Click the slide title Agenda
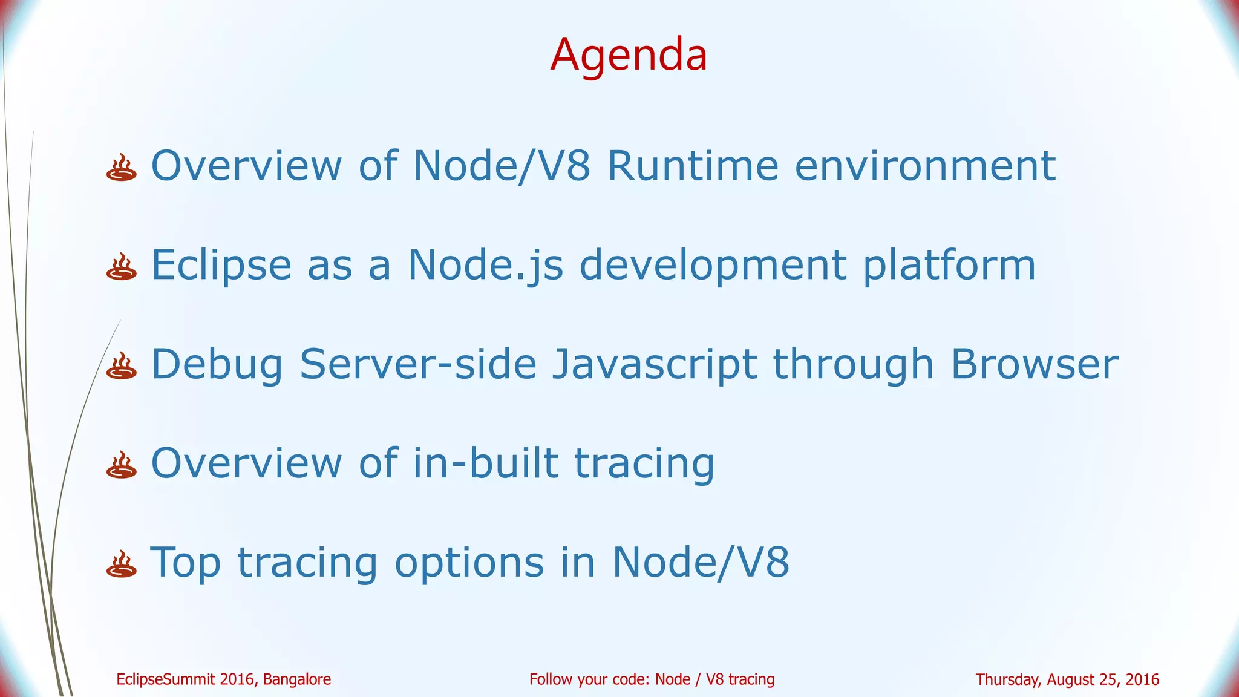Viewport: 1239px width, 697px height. tap(629, 54)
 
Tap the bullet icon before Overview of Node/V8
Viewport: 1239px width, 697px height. tap(121, 168)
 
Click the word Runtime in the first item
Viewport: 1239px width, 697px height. tap(693, 165)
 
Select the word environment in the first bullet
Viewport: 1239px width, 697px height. tap(925, 165)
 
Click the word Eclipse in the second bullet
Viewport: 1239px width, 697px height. tap(221, 265)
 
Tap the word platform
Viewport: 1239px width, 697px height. tap(949, 265)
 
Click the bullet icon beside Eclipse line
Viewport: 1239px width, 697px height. tap(121, 267)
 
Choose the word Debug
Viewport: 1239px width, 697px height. tap(217, 364)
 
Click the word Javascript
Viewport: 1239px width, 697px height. tap(654, 364)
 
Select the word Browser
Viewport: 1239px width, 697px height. tap(1034, 364)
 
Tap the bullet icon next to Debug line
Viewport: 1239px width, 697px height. tap(121, 367)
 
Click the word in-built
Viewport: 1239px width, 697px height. tap(486, 463)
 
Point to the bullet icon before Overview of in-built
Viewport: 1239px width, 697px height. tap(121, 466)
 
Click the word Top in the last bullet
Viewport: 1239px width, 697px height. tap(185, 563)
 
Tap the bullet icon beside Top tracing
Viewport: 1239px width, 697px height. tap(121, 564)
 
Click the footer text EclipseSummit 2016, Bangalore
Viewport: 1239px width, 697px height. tap(223, 679)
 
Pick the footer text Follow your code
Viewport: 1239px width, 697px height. tap(652, 679)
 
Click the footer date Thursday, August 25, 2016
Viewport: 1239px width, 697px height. tap(1067, 679)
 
